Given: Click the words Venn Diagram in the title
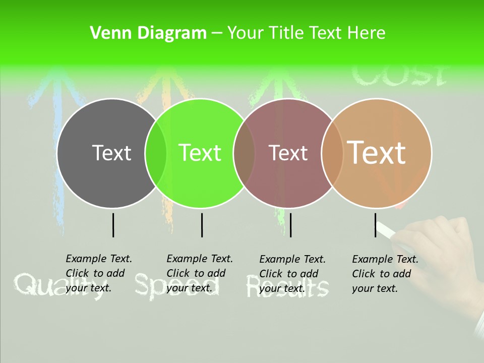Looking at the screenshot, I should click(x=148, y=33).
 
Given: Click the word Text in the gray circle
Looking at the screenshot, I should click(x=111, y=153).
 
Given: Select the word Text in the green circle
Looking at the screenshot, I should click(x=200, y=153).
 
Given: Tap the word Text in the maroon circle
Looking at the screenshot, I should click(x=288, y=153).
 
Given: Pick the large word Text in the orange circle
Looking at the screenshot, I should click(x=376, y=152).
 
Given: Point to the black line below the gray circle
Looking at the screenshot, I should click(x=113, y=225).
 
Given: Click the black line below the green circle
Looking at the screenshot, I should click(x=202, y=225).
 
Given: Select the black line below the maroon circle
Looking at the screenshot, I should click(x=290, y=225).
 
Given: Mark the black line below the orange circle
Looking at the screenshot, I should click(x=376, y=225).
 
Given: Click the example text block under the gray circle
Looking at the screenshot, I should click(x=99, y=273).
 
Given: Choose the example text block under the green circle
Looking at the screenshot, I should click(x=200, y=273).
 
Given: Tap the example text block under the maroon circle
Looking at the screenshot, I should click(x=292, y=273).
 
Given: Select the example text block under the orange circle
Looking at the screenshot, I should click(x=385, y=273).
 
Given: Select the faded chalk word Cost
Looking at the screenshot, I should click(x=398, y=75).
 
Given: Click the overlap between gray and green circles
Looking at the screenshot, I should click(x=156, y=153).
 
